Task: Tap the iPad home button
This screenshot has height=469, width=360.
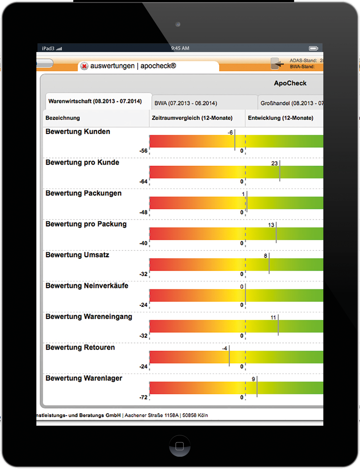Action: tap(180, 446)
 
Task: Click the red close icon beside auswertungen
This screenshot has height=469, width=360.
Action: tap(84, 66)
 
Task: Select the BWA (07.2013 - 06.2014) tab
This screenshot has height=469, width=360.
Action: tap(186, 103)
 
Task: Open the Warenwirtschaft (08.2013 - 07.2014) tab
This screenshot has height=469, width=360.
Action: tap(95, 101)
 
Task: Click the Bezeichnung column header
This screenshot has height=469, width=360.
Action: tap(63, 118)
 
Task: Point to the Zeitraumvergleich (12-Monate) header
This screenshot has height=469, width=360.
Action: tap(192, 118)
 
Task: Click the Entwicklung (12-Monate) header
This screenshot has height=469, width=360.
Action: tap(280, 118)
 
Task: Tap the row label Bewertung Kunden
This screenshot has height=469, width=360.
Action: tap(78, 132)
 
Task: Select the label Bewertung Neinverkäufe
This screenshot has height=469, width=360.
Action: tap(87, 286)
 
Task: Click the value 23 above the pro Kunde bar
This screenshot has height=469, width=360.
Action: tap(274, 163)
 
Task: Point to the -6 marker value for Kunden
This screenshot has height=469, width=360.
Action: tap(230, 133)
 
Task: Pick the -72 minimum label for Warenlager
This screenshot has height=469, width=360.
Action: tap(143, 397)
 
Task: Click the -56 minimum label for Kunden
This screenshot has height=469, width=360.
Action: tap(143, 151)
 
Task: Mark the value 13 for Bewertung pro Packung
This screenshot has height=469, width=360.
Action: tap(271, 225)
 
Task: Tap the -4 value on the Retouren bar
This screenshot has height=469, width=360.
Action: tap(224, 348)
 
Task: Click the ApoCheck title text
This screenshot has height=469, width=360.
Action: tap(290, 83)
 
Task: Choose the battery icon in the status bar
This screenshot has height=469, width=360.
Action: tap(313, 48)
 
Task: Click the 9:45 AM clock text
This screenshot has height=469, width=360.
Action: tap(180, 48)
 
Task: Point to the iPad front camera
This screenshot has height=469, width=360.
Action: tap(178, 24)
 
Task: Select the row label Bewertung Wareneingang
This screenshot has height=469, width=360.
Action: tap(89, 317)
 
